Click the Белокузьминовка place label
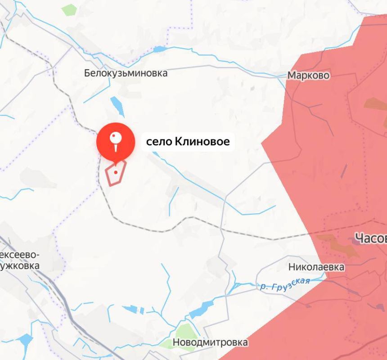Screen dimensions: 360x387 (x=126, y=73)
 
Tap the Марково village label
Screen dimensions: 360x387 (x=308, y=75)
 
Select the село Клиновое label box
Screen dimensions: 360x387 (x=188, y=142)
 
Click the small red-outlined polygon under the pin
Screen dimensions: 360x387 (x=115, y=173)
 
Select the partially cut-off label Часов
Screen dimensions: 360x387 (x=370, y=238)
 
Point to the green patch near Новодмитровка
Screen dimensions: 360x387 (x=184, y=333)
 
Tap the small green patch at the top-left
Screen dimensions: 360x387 (x=69, y=9)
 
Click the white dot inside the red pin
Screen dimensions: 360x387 (x=116, y=135)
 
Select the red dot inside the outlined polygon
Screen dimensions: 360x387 (x=116, y=172)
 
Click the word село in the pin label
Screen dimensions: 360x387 (x=156, y=142)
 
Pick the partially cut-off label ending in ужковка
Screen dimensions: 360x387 (x=20, y=265)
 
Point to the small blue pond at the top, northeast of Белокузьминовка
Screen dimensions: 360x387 (x=160, y=49)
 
